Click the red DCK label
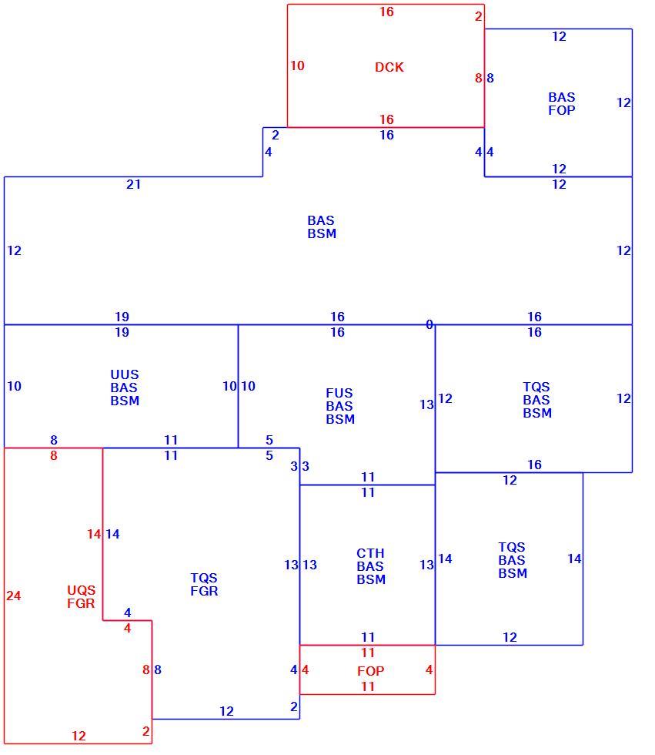coord(389,67)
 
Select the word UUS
coord(125,374)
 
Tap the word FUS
coord(339,393)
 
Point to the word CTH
coord(370,553)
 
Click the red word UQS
coord(81,590)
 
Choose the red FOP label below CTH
coord(370,671)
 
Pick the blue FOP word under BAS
coord(562,110)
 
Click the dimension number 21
coord(133,184)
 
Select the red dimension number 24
coord(13,596)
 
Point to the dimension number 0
coord(429,324)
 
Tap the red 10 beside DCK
coord(297,65)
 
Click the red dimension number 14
coord(94,534)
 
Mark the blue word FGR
coord(204,591)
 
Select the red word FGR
coord(81,603)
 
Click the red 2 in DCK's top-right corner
coord(478,16)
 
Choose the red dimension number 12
coord(79,736)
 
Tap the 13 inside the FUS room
coord(426,404)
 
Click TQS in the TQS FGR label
coord(204,578)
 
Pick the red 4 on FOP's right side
coord(429,669)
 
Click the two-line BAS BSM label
coord(322,227)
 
